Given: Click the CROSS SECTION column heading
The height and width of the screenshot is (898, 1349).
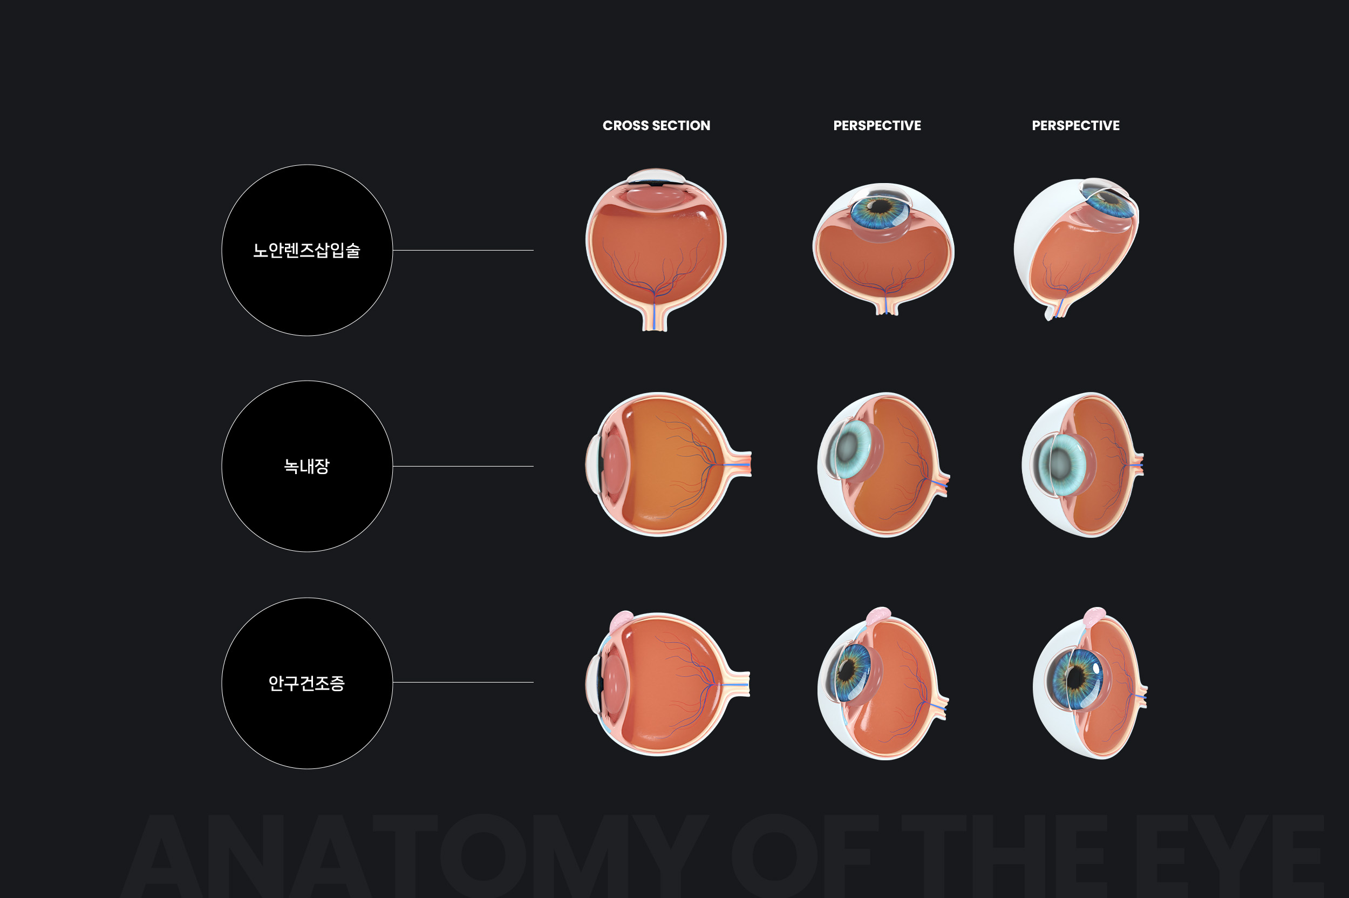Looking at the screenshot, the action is coord(656,125).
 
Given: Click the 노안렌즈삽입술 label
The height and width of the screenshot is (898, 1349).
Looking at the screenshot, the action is coord(307,250).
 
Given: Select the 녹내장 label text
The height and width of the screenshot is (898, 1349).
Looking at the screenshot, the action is coord(307,466).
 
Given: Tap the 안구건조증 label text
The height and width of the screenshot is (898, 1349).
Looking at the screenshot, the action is coord(307,683).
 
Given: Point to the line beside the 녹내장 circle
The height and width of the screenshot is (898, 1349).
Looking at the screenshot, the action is coord(463,466).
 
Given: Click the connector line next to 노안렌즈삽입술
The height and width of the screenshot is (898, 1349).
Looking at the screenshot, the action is coord(463,250).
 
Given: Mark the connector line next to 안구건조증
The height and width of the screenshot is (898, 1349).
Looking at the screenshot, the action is coord(463,682).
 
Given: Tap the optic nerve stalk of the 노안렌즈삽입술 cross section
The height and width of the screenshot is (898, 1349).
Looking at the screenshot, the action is coord(655,319).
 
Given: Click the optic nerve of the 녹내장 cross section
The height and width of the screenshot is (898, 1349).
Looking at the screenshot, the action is coord(738,464).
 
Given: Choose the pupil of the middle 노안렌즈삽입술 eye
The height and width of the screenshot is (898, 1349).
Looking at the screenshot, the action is coord(880,205).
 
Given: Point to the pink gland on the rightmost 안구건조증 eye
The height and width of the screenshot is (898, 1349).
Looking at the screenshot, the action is coord(1094,616).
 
